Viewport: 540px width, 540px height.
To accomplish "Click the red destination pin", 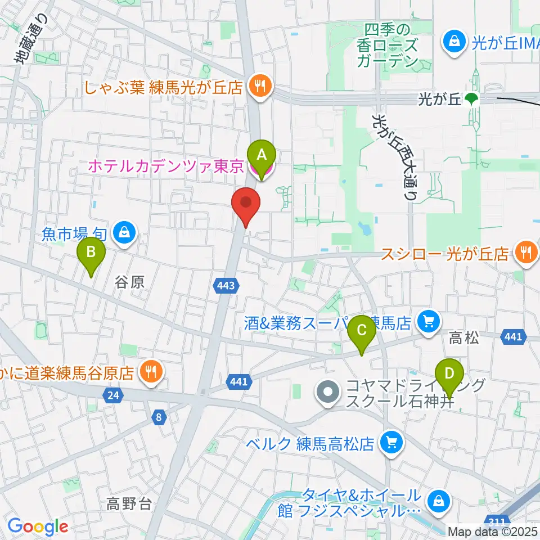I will click(x=246, y=204).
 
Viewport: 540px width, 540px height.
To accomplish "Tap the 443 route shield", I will click(x=226, y=286).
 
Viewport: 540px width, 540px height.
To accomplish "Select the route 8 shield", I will click(x=159, y=417).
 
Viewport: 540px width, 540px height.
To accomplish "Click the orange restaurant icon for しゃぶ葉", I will click(x=259, y=86).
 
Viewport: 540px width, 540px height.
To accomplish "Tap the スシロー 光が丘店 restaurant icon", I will click(x=525, y=253).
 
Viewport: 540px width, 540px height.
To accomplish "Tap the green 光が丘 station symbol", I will click(x=471, y=100).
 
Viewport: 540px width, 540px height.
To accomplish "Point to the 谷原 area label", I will click(x=130, y=282).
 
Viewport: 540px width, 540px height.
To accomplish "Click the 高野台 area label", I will click(x=129, y=503).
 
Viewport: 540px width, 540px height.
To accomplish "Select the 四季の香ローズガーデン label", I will click(x=389, y=45).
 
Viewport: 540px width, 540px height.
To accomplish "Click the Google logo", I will click(x=38, y=526).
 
